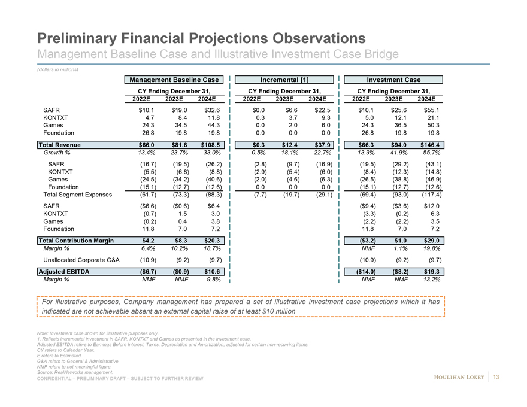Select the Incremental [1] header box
click(x=285, y=80)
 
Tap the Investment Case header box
click(x=394, y=80)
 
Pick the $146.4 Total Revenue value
click(x=429, y=145)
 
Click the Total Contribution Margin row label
click(x=76, y=241)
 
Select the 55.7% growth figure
click(x=429, y=153)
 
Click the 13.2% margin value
click(x=429, y=280)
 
